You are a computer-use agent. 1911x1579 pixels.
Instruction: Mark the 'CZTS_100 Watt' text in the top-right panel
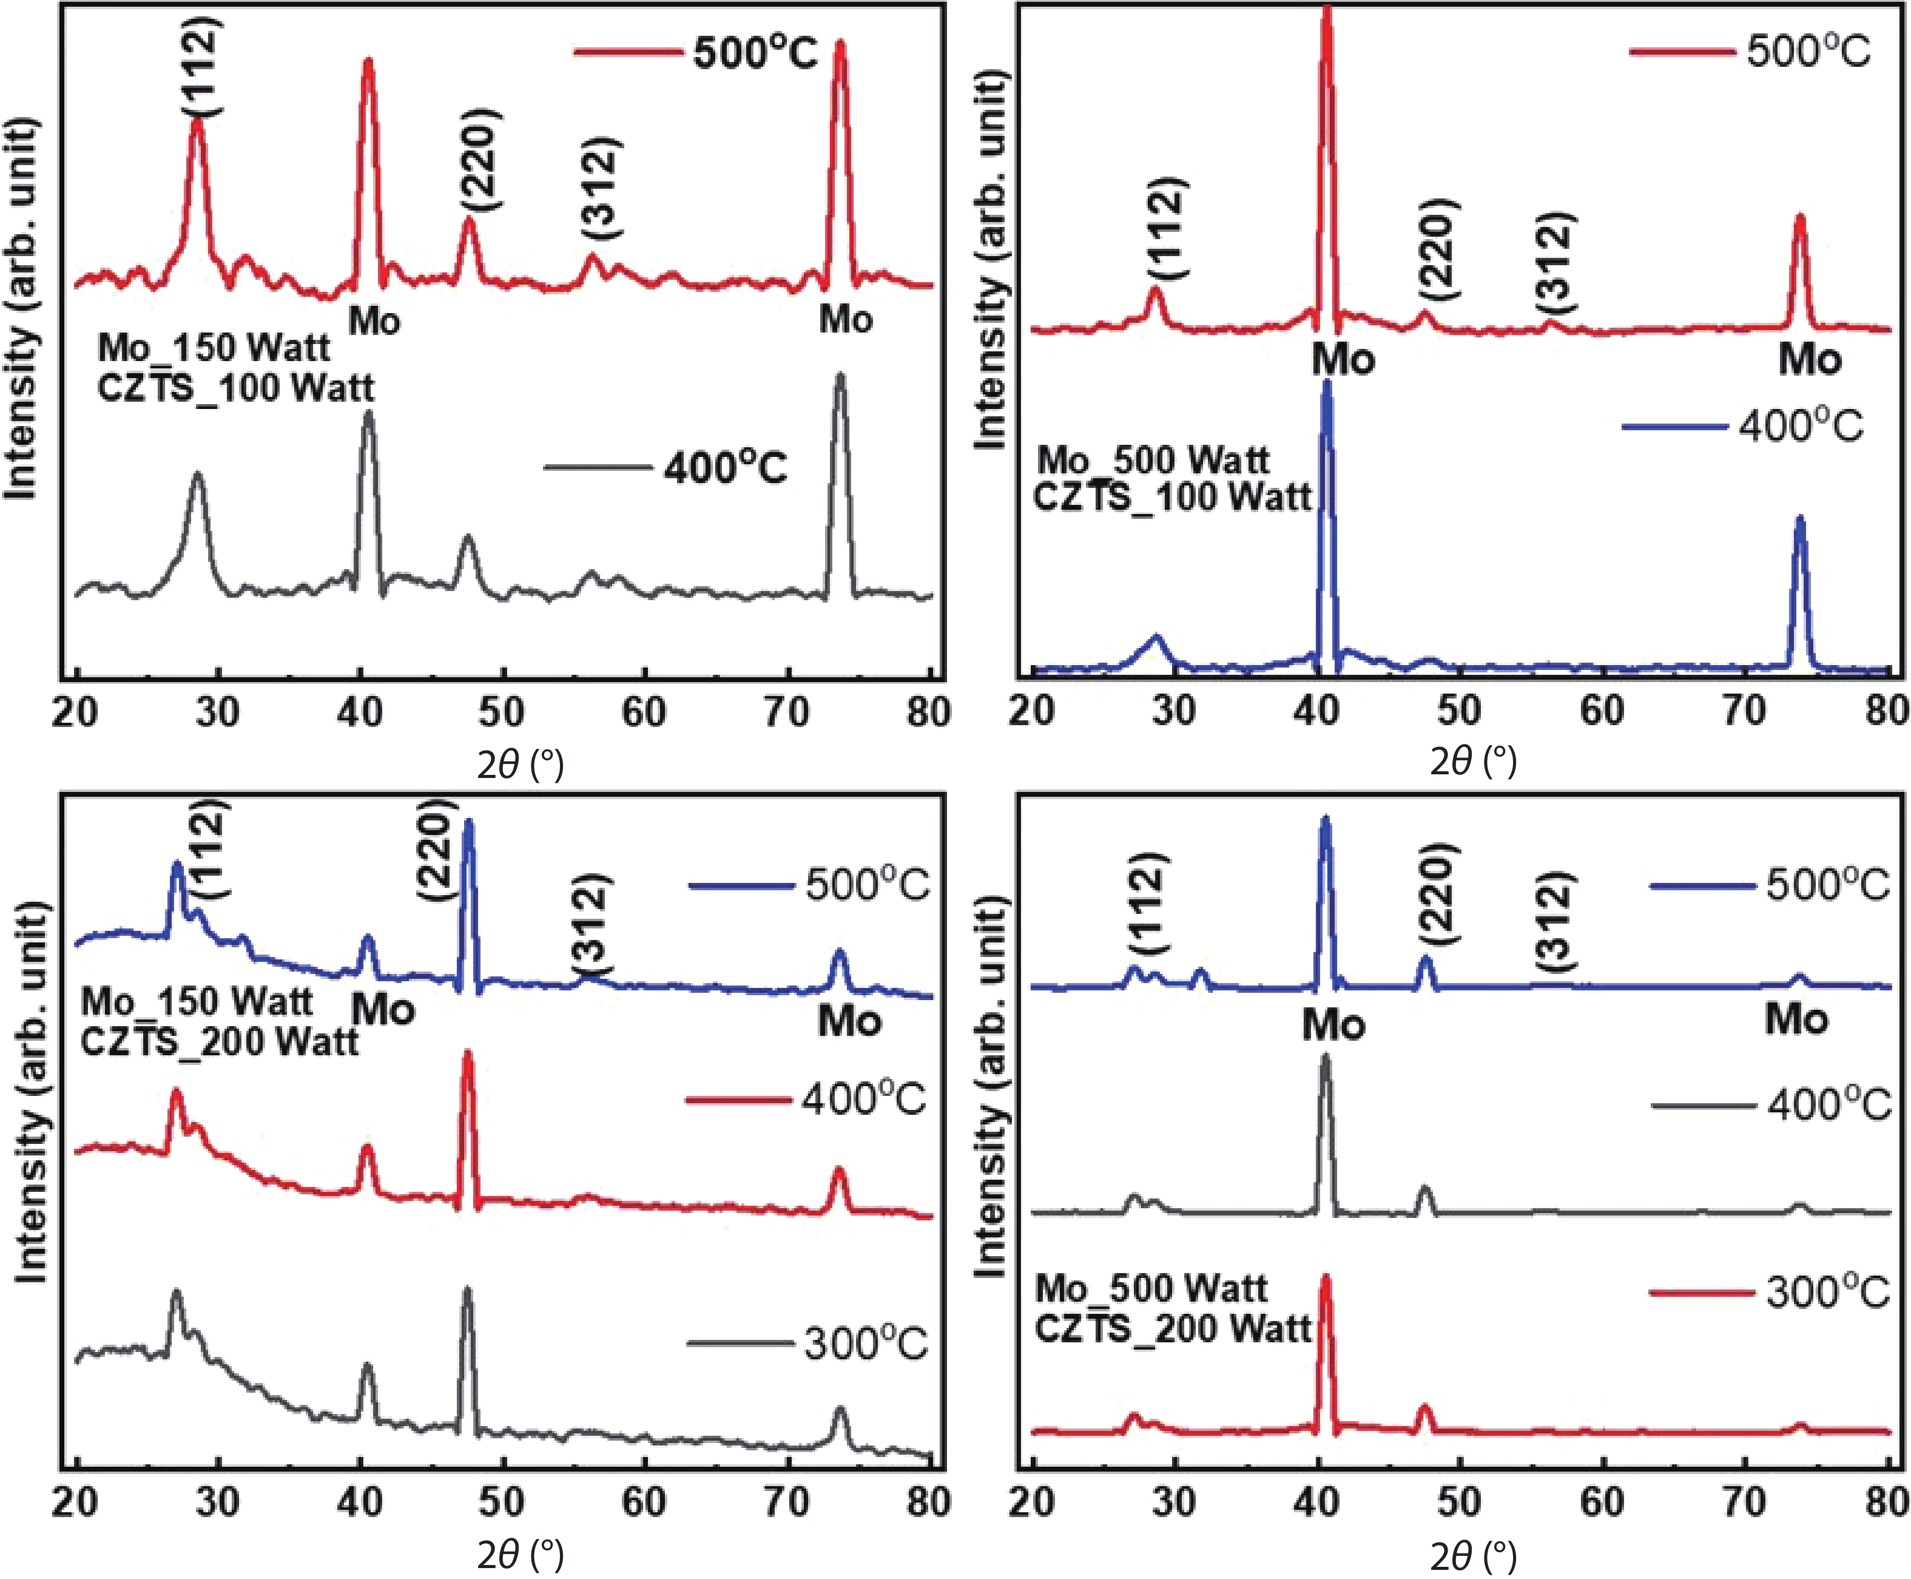1173,498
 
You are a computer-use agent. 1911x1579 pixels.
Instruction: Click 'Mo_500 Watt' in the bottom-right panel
1151,1289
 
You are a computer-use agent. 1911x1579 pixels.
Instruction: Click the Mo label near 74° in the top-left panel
846,320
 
